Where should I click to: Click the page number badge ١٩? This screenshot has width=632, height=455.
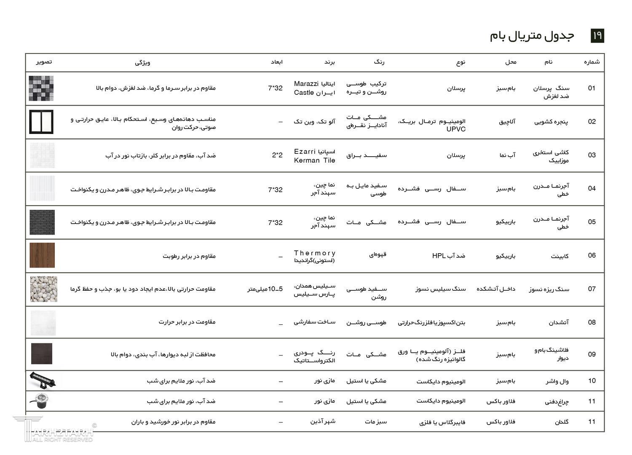[x=597, y=36]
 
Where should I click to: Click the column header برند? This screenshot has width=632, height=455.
[x=329, y=62]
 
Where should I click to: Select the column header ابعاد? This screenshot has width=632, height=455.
[x=277, y=62]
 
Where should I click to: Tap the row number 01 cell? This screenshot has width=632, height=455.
[x=592, y=88]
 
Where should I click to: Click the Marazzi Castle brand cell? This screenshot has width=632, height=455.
[x=314, y=88]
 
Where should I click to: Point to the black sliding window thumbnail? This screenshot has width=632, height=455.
[x=41, y=122]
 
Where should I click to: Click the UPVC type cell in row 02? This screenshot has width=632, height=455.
[x=432, y=125]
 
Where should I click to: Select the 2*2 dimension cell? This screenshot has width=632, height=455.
[x=277, y=155]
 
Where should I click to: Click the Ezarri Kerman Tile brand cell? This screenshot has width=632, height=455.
[x=314, y=155]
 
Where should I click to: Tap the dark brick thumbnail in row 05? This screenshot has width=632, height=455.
[x=42, y=222]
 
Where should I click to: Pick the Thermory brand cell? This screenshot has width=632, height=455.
[x=314, y=256]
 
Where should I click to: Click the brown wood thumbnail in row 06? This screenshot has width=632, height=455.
[x=42, y=255]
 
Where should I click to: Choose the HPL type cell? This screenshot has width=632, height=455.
[x=448, y=256]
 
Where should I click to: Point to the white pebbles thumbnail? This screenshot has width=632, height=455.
[x=43, y=289]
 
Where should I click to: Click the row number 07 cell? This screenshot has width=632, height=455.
[x=592, y=289]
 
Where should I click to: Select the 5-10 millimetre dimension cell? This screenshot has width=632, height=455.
[x=265, y=289]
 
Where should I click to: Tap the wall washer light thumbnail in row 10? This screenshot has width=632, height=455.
[x=43, y=380]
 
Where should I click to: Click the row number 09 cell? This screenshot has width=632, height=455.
[x=592, y=354]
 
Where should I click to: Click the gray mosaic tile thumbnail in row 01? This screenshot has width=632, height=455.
[x=41, y=88]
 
